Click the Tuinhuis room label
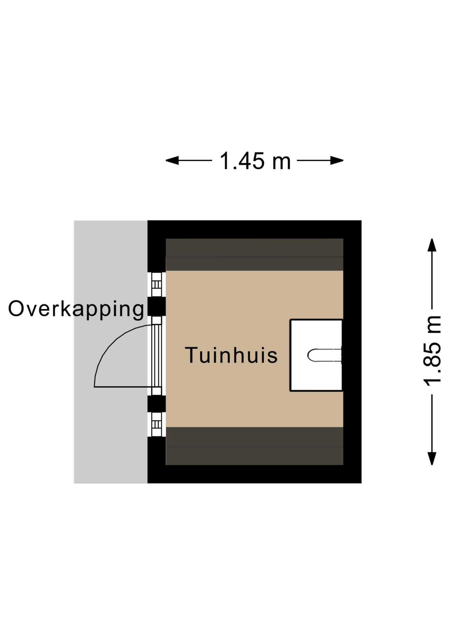point(231,355)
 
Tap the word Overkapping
point(76,310)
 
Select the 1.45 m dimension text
point(255,161)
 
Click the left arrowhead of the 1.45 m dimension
point(172,161)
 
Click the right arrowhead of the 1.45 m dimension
point(337,161)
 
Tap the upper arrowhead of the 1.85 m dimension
point(432,245)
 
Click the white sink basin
point(316,355)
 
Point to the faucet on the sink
point(324,355)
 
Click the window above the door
point(157,284)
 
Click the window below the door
point(157,424)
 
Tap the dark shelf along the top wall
point(255,255)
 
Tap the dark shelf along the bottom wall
point(255,446)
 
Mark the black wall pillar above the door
point(156,306)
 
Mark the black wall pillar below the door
point(156,404)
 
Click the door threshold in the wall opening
point(157,356)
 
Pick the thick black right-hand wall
point(352,352)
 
